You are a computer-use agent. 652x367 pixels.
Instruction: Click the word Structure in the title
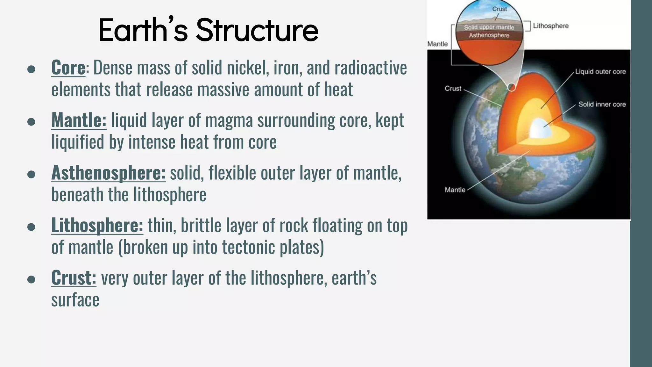tap(257, 30)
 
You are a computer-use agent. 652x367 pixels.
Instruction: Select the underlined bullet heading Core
tap(68, 68)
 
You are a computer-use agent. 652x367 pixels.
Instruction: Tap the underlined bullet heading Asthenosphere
tap(108, 173)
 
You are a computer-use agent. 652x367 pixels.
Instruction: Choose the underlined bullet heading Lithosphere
tap(97, 225)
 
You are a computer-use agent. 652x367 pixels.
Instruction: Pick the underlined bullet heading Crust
tap(74, 278)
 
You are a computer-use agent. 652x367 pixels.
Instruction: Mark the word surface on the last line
tap(75, 300)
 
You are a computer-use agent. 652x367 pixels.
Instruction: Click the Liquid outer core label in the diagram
tap(600, 72)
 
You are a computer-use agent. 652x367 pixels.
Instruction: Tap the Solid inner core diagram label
tap(602, 104)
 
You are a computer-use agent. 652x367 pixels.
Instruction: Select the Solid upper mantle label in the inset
tap(489, 27)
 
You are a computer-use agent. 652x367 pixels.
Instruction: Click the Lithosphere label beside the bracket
tap(550, 26)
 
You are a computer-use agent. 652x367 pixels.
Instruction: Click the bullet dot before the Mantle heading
tap(31, 122)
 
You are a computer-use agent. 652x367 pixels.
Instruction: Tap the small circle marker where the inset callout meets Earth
tap(511, 87)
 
